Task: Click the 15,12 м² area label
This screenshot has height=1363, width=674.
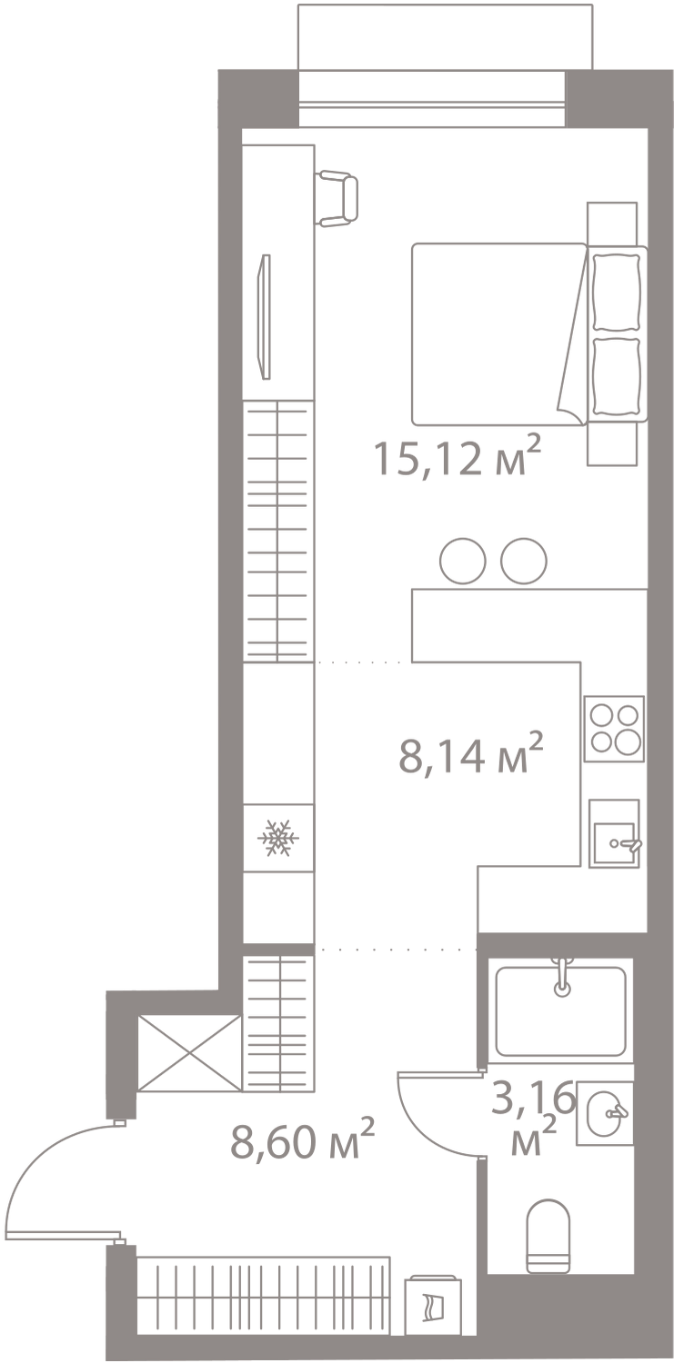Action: [457, 457]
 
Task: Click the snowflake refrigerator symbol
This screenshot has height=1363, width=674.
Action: [278, 838]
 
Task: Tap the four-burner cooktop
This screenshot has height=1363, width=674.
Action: [614, 729]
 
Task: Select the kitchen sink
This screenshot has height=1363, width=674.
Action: [614, 833]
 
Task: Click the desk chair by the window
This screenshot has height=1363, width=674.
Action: [337, 198]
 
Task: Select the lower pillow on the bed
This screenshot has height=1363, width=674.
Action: [616, 377]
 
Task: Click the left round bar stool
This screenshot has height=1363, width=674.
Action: [463, 561]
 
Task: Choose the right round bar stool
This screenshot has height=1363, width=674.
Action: [524, 561]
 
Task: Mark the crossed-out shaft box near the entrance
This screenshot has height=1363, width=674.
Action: [189, 1053]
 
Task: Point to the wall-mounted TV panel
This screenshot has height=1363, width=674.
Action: [265, 317]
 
